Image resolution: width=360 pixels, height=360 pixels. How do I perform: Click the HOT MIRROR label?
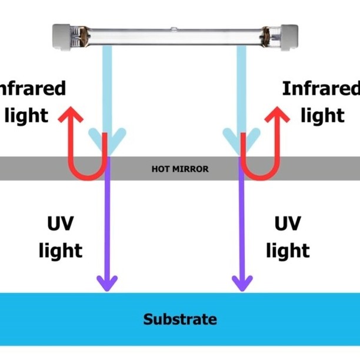(x=180, y=169)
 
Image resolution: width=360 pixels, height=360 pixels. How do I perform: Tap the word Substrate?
(x=180, y=320)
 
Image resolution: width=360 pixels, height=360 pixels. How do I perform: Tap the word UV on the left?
(x=61, y=224)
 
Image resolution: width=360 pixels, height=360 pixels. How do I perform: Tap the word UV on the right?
(x=288, y=224)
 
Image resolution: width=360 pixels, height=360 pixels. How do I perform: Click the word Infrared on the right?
(x=321, y=89)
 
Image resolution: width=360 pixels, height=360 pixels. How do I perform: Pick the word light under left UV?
(x=61, y=251)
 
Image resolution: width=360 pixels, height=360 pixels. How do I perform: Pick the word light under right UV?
(x=288, y=251)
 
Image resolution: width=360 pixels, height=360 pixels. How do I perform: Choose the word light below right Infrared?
(x=322, y=116)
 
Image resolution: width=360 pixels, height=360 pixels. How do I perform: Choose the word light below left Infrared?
(x=26, y=116)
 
